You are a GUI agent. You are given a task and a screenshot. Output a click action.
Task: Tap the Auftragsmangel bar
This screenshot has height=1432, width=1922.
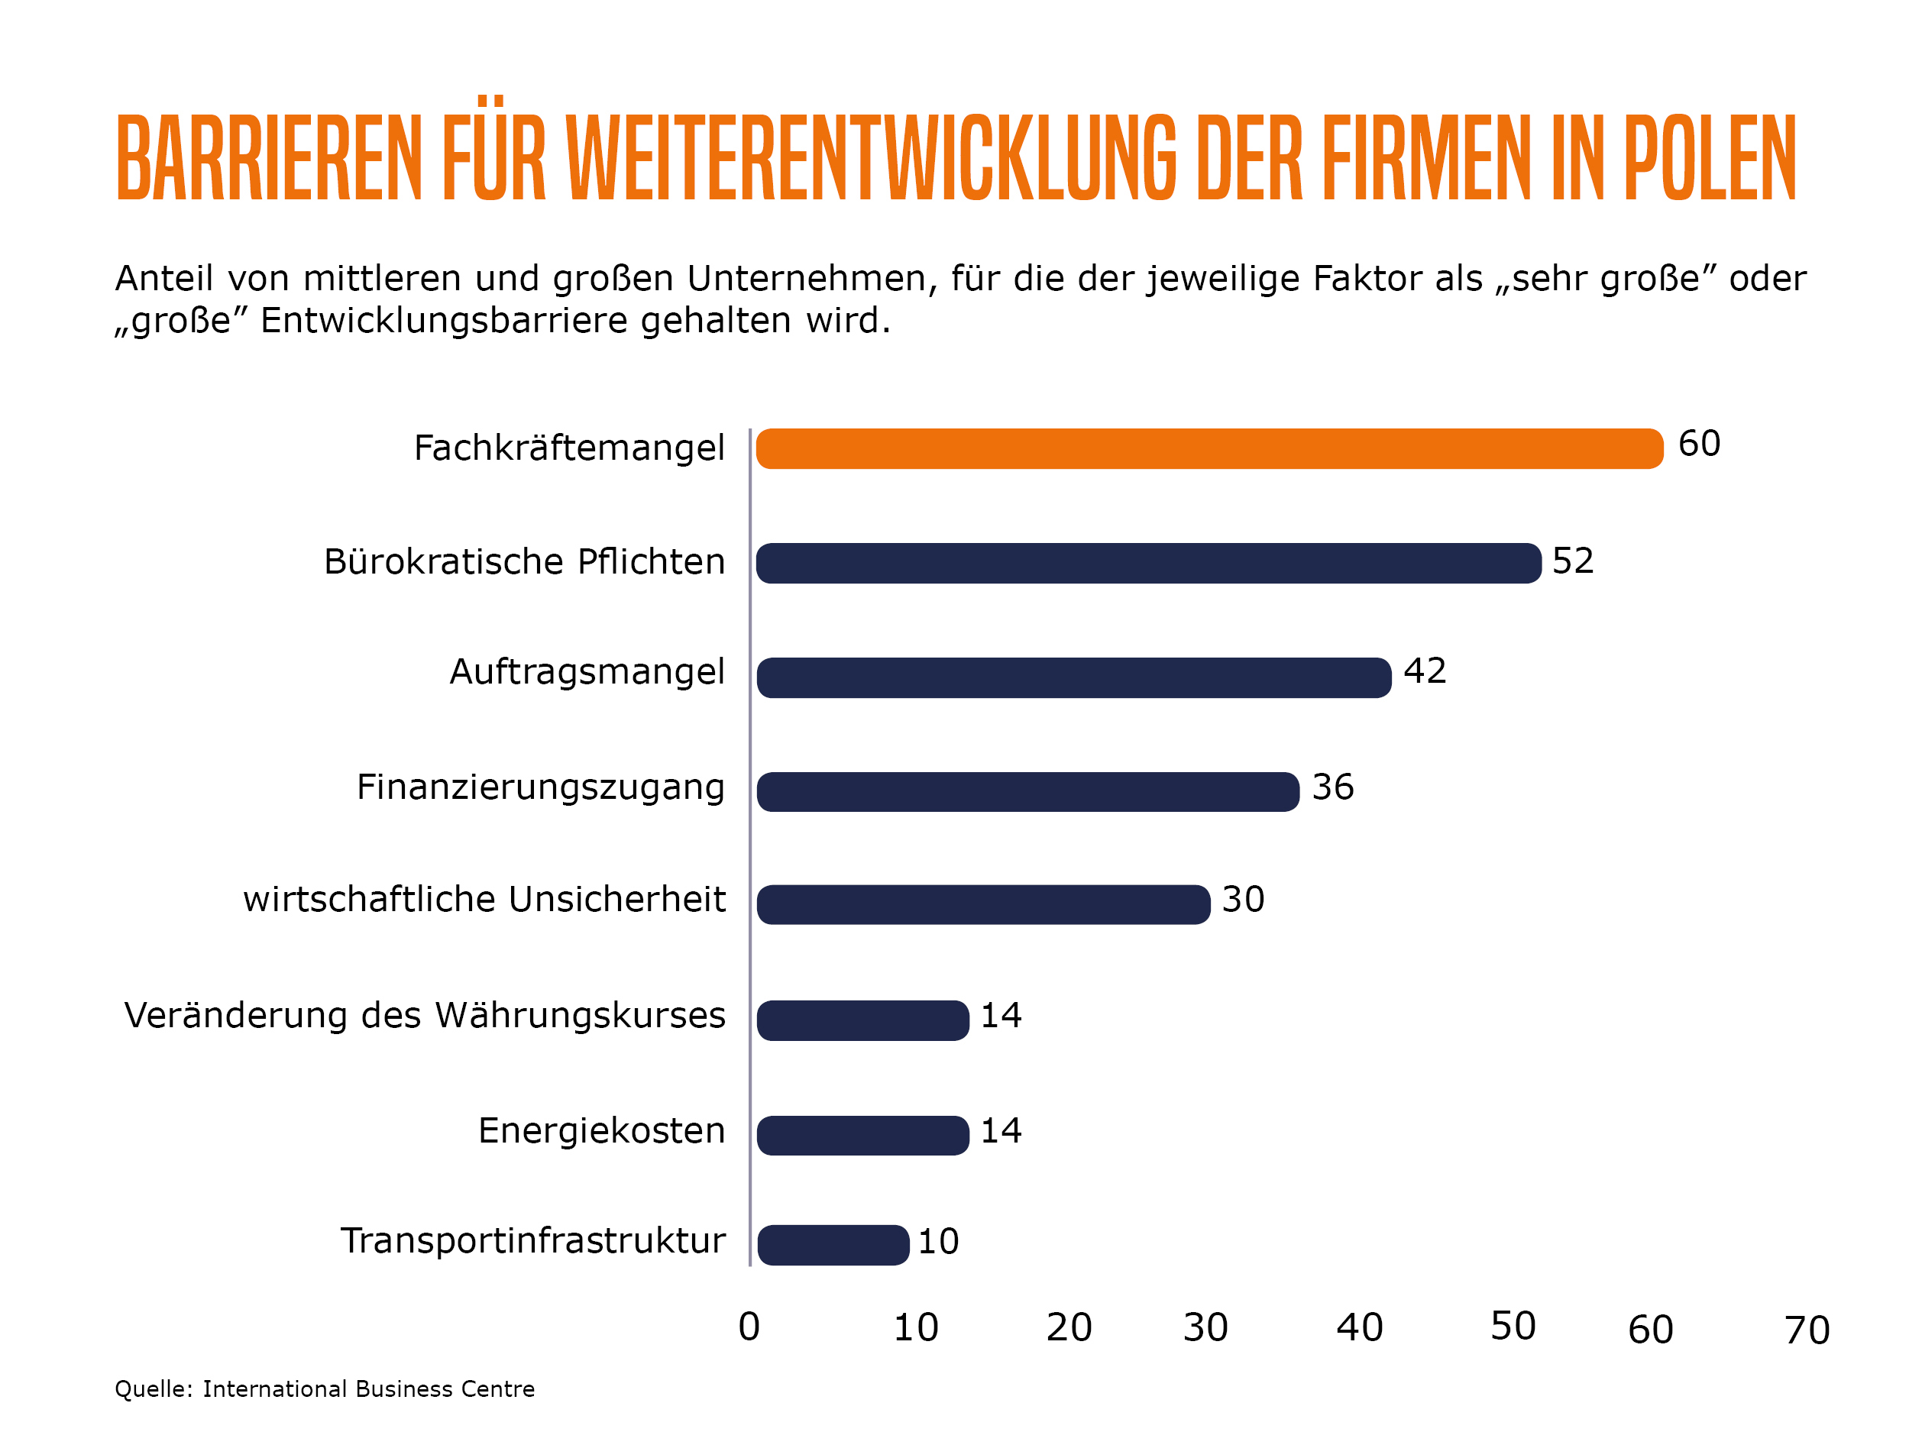(x=1073, y=677)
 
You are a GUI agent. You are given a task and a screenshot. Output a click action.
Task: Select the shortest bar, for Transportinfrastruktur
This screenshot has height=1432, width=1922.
(x=832, y=1244)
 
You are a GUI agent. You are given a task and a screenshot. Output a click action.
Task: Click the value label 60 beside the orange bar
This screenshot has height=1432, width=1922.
(x=1697, y=443)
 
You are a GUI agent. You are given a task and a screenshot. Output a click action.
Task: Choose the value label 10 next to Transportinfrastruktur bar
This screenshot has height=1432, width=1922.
(x=937, y=1240)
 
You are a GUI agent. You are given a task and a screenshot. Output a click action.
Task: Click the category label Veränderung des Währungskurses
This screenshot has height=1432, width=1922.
(x=424, y=1014)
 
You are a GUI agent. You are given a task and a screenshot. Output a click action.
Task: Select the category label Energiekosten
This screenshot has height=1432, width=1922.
(x=600, y=1130)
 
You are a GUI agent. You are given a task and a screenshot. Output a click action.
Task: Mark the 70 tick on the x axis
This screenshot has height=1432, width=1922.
(x=1805, y=1329)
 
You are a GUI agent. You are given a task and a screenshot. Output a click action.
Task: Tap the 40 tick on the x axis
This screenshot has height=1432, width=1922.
(x=1357, y=1327)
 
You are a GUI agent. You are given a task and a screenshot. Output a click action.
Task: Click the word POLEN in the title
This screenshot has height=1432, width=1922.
(x=1708, y=158)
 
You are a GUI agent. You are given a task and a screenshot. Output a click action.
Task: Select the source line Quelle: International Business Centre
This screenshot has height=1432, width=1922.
(x=324, y=1388)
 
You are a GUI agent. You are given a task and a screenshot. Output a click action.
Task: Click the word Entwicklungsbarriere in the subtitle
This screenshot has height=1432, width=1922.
(x=526, y=320)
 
